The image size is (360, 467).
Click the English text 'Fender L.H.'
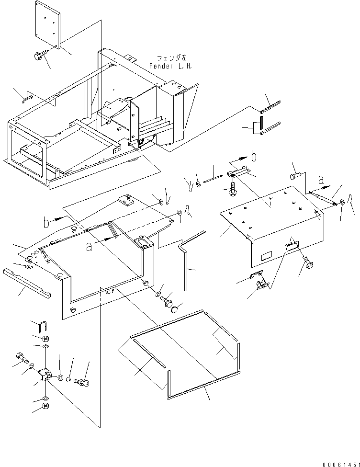click(x=170, y=66)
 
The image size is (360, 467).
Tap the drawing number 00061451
click(x=341, y=464)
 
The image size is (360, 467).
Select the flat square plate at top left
click(x=48, y=24)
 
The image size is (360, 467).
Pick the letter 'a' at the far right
click(x=321, y=180)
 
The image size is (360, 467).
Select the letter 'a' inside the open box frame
click(x=89, y=247)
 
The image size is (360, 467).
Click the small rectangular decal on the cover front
click(x=267, y=256)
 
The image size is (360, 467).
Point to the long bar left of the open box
click(x=27, y=283)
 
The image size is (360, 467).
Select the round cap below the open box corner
click(x=174, y=309)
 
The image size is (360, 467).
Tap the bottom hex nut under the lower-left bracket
click(x=46, y=406)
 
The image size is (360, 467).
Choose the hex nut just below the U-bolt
click(x=46, y=339)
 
